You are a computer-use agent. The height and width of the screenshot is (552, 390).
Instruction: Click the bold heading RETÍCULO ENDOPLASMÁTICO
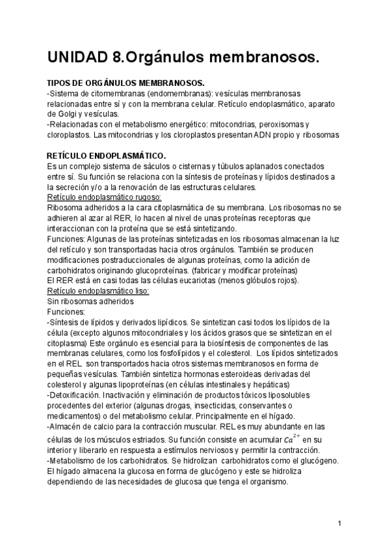(x=107, y=156)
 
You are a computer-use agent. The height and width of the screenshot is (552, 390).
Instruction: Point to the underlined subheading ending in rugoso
(x=105, y=197)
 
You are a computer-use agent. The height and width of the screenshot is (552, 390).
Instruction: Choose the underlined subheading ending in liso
(x=99, y=291)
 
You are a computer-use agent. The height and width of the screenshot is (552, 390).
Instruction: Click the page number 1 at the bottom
(x=340, y=523)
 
